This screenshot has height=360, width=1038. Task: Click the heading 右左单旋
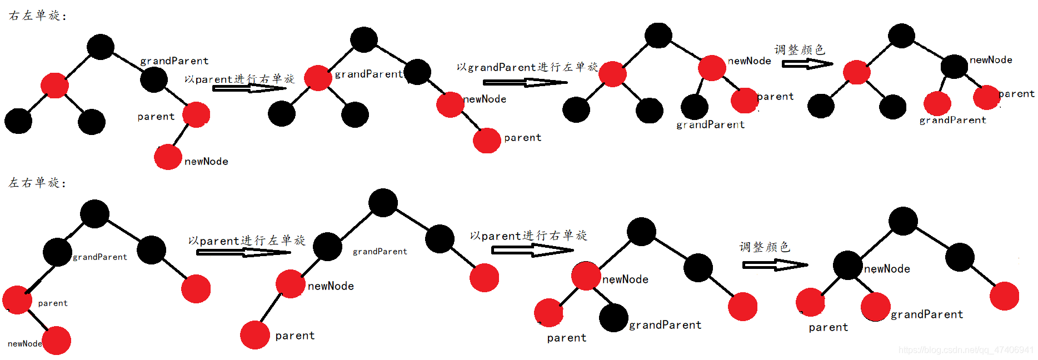34,16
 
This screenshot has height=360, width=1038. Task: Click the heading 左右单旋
34,183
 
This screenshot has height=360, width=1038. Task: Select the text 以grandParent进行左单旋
527,67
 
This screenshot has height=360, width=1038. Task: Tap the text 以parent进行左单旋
247,241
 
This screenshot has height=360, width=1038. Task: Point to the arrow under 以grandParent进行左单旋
525,83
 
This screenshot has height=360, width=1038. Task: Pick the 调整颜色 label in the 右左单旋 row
800,50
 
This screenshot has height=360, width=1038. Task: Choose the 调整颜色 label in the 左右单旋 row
765,247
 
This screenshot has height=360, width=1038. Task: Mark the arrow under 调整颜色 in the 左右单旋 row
775,265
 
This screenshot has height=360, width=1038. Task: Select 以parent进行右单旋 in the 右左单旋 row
239,79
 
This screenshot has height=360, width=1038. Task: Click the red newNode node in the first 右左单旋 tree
168,157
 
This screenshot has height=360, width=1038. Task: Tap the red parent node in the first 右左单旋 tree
196,115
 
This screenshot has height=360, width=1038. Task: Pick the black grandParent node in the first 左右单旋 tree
57,252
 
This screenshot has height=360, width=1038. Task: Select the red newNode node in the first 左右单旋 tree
57,341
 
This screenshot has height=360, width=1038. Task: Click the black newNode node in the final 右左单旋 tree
954,67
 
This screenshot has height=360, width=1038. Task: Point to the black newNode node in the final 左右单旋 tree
847,265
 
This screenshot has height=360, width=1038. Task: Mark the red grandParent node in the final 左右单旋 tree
876,307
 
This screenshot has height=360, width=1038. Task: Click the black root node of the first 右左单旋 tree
101,47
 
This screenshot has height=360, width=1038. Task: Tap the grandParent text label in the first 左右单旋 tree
100,257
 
